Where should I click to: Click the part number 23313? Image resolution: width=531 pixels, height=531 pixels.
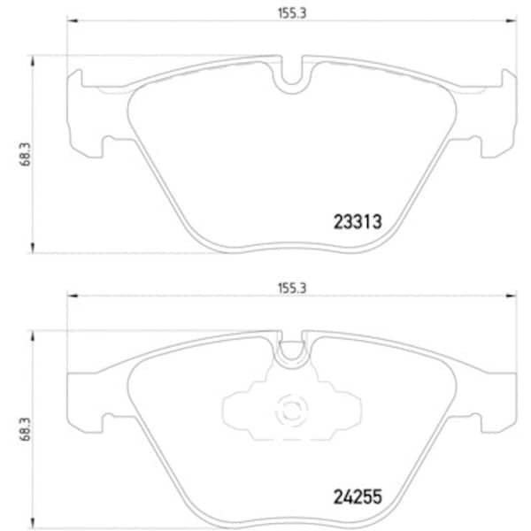(358, 222)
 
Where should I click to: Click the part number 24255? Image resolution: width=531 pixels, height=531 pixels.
(358, 496)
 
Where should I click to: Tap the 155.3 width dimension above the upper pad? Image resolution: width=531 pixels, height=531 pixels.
(292, 13)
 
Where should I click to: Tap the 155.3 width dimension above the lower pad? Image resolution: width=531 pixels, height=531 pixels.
(292, 289)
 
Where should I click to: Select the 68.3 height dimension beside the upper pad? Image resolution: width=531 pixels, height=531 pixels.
(25, 154)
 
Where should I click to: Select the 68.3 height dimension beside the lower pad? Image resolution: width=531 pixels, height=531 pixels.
(25, 429)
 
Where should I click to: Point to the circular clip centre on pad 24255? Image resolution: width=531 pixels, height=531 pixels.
(291, 411)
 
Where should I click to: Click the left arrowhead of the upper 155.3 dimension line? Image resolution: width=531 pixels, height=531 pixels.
(73, 21)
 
